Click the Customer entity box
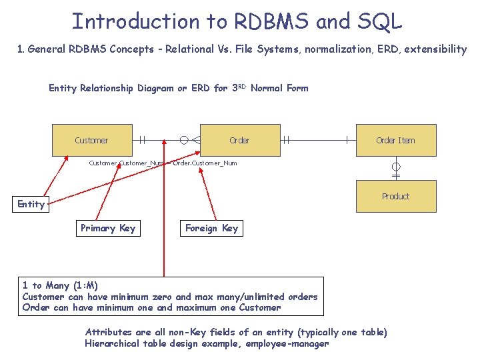[x=92, y=140]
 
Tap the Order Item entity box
[x=395, y=140]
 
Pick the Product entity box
[x=395, y=196]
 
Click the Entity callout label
[x=31, y=204]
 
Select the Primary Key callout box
[x=108, y=228]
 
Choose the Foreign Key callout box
[x=211, y=228]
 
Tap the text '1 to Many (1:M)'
[x=60, y=285]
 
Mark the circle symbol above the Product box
[x=395, y=166]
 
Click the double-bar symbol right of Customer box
[x=143, y=140]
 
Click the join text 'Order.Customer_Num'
[x=205, y=163]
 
